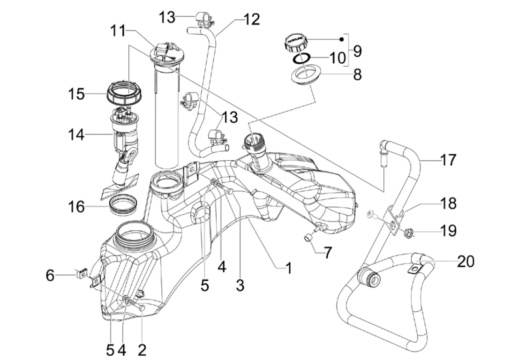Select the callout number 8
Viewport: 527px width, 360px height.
point(357,75)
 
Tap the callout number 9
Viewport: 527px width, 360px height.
point(357,51)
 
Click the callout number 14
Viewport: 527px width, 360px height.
point(75,135)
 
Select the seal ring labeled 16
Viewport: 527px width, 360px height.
point(124,205)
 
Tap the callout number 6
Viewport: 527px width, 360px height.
point(50,275)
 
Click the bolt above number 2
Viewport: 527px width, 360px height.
point(142,307)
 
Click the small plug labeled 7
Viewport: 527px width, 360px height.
point(309,238)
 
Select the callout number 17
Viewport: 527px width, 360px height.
point(448,160)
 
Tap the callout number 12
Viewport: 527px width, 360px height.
point(252,20)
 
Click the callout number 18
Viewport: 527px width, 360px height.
point(448,203)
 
